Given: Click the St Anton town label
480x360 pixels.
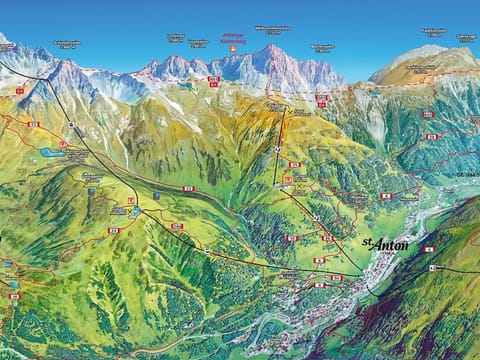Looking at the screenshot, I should click(385, 244).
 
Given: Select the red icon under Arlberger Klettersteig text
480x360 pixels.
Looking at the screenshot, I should click(232, 47).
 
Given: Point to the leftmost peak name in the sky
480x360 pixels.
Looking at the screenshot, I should click(66, 44).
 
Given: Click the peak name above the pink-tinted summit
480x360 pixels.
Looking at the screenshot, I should click(272, 29).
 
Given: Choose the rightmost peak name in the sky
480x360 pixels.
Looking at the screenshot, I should click(466, 37).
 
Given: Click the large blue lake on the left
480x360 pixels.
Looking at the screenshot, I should click(50, 153).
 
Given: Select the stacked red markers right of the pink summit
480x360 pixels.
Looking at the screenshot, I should click(321, 100).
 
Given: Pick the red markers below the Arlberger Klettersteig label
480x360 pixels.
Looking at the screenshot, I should click(214, 81).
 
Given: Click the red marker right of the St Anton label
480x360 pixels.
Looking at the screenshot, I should click(429, 249).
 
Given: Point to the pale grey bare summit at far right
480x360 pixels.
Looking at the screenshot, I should click(425, 51).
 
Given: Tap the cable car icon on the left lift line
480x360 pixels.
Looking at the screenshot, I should click(72, 125).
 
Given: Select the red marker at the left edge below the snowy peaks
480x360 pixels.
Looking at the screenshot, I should click(19, 91).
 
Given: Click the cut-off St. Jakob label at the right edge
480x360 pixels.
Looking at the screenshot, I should click(470, 174).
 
